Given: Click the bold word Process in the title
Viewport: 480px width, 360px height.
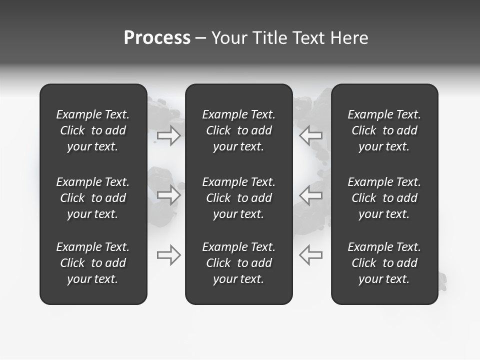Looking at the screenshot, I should click(157, 38).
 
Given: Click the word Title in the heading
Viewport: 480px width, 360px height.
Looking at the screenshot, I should click(270, 38).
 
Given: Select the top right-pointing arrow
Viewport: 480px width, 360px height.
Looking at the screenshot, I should click(169, 135).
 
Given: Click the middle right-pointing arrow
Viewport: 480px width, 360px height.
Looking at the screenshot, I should click(169, 195).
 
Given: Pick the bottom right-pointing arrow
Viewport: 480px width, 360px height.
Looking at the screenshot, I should click(169, 255).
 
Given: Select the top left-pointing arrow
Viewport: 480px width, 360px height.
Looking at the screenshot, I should click(310, 135).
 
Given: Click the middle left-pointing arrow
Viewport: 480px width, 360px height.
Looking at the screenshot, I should click(310, 195).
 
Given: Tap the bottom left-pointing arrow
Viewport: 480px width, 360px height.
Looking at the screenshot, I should click(310, 255).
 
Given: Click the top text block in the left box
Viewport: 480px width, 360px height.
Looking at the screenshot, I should click(93, 130).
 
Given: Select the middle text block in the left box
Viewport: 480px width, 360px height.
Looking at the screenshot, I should click(93, 198).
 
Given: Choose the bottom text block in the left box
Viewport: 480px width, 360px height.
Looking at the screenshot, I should click(93, 263).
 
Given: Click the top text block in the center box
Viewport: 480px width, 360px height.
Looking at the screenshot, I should click(238, 130).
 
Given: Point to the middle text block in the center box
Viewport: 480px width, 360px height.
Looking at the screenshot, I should click(238, 198).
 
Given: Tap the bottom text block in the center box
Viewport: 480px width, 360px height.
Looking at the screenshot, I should click(238, 263).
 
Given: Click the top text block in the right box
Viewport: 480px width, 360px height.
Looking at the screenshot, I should click(384, 130).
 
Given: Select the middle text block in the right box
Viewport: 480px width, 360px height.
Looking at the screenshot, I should click(384, 198).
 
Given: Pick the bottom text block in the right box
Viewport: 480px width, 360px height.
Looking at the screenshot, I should click(384, 263).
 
